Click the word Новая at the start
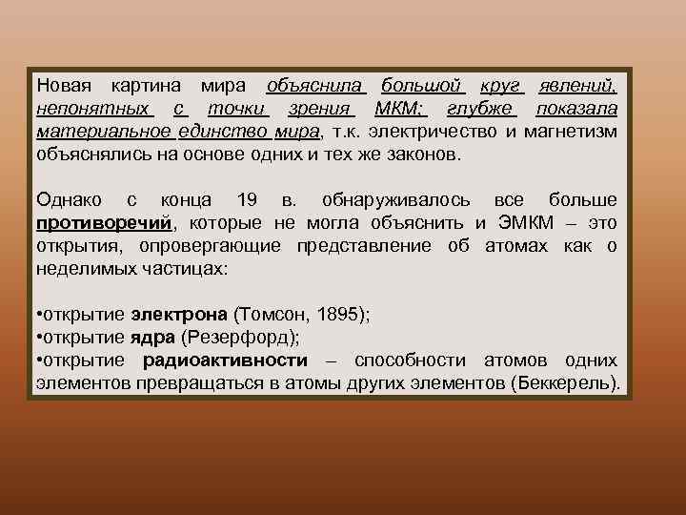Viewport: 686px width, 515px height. [x=62, y=85]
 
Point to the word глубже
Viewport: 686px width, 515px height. [x=480, y=108]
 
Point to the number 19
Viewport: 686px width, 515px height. [x=246, y=200]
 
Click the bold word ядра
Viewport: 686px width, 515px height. [x=152, y=338]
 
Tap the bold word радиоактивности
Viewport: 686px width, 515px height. [x=225, y=360]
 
